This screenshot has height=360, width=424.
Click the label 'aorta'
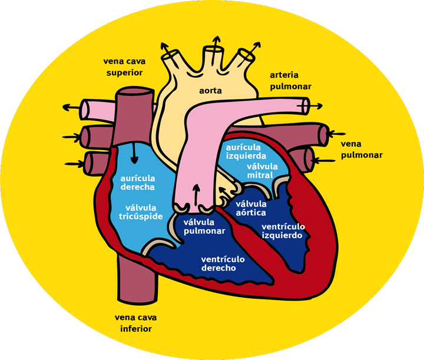click(x=210, y=91)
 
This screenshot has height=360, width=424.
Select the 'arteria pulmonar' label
click(x=290, y=81)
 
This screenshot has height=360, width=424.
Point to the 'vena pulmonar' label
click(x=362, y=149)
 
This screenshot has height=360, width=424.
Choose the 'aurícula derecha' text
click(x=137, y=182)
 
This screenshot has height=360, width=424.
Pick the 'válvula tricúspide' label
click(x=141, y=212)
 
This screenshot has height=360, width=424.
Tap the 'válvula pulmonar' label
click(x=204, y=226)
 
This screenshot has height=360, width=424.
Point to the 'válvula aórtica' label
click(x=251, y=208)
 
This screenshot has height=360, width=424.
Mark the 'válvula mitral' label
click(x=260, y=171)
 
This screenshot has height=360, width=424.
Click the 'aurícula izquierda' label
click(x=246, y=152)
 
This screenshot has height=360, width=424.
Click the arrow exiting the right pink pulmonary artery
click(x=315, y=105)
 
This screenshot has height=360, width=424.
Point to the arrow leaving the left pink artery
click(x=70, y=107)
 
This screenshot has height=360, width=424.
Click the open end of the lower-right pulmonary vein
click(x=309, y=159)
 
